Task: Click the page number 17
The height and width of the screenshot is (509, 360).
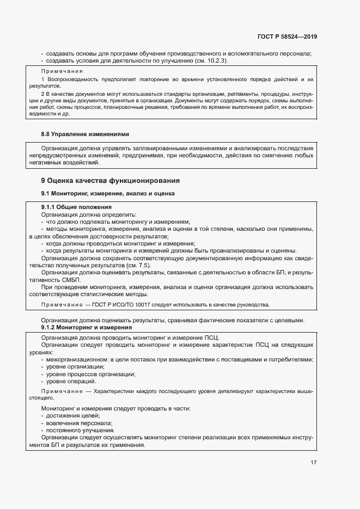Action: click(314, 463)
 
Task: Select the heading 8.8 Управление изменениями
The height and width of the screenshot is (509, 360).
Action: click(86, 134)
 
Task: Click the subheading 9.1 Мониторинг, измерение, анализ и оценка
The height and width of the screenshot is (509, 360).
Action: click(108, 193)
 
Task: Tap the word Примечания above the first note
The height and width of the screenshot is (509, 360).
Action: click(62, 71)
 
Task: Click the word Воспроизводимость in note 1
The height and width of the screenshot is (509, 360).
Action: click(71, 79)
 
